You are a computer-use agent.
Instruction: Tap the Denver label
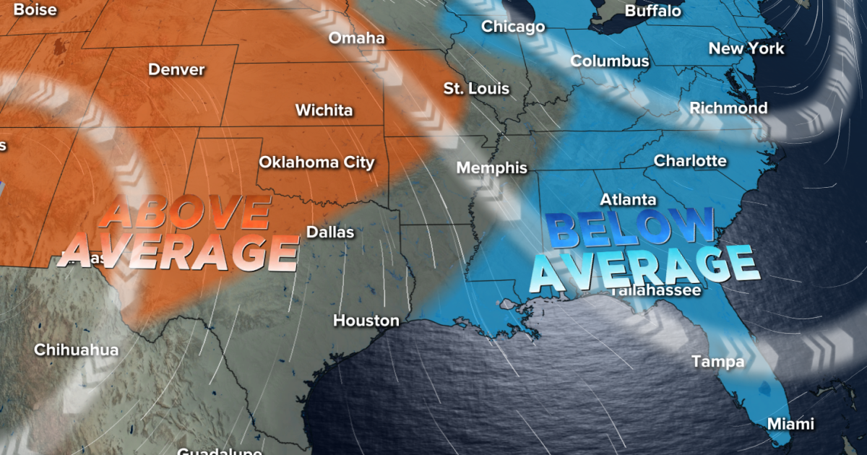tap(176, 70)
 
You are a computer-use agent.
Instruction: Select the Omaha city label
tap(356, 38)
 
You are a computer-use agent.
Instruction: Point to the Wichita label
tap(324, 110)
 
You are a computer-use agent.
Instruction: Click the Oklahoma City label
tap(316, 162)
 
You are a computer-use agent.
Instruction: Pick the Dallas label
tap(330, 232)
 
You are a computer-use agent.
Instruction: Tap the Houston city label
tap(366, 320)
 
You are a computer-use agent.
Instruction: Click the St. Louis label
tap(476, 89)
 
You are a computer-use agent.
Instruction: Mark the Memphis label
tap(491, 168)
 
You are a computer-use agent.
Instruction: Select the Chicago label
tap(513, 27)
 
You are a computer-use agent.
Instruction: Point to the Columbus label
tap(610, 61)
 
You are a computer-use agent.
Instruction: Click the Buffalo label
tap(652, 11)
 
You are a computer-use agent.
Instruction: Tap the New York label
tap(746, 48)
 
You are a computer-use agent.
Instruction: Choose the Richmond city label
tap(728, 108)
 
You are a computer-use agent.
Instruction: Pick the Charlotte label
tap(690, 160)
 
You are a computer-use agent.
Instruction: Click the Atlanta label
tap(628, 199)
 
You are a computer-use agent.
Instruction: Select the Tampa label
tap(717, 361)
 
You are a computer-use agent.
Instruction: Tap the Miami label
tap(790, 424)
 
